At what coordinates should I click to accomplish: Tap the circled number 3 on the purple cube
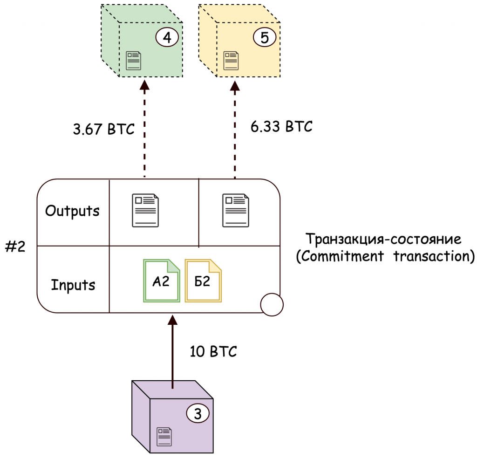tap(198, 414)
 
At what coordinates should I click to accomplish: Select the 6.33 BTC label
tap(281, 126)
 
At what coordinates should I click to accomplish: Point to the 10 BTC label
tap(213, 351)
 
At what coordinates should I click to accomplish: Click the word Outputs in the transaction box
tap(72, 211)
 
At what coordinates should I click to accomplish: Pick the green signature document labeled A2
tap(162, 281)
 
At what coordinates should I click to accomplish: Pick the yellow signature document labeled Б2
tap(203, 281)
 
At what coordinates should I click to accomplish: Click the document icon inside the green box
tap(133, 61)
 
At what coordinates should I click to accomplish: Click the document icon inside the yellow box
tap(231, 61)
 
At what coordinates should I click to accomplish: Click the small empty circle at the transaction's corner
tap(272, 304)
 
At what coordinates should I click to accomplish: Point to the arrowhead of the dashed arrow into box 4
tap(144, 85)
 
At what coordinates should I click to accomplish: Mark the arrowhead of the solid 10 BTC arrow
tap(172, 321)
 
